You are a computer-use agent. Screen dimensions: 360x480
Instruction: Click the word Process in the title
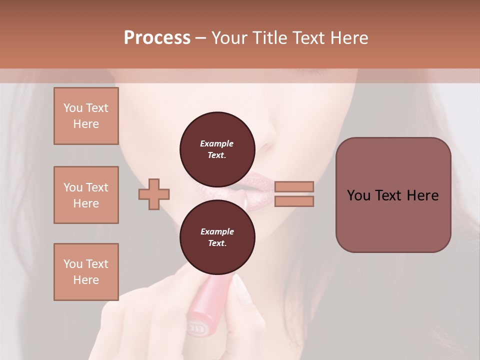click(x=157, y=38)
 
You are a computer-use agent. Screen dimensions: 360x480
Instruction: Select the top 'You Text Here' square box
click(x=86, y=116)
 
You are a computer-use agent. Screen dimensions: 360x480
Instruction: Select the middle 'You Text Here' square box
click(x=86, y=195)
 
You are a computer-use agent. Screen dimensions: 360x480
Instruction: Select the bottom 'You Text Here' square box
click(x=86, y=272)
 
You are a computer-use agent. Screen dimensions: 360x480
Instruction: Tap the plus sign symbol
click(x=154, y=194)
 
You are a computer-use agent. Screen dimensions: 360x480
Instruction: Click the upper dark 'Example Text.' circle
click(x=217, y=149)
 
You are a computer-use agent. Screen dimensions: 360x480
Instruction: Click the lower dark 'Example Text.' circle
click(x=217, y=237)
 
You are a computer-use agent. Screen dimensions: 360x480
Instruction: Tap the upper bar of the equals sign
click(x=294, y=186)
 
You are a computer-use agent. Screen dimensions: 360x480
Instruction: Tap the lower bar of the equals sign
click(x=294, y=201)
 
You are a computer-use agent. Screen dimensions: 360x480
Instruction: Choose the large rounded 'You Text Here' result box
click(x=393, y=195)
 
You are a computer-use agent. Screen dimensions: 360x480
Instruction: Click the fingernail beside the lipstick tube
click(x=241, y=290)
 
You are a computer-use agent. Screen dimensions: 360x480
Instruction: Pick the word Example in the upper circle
click(x=217, y=143)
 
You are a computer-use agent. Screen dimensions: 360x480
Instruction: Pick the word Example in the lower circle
click(x=217, y=231)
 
